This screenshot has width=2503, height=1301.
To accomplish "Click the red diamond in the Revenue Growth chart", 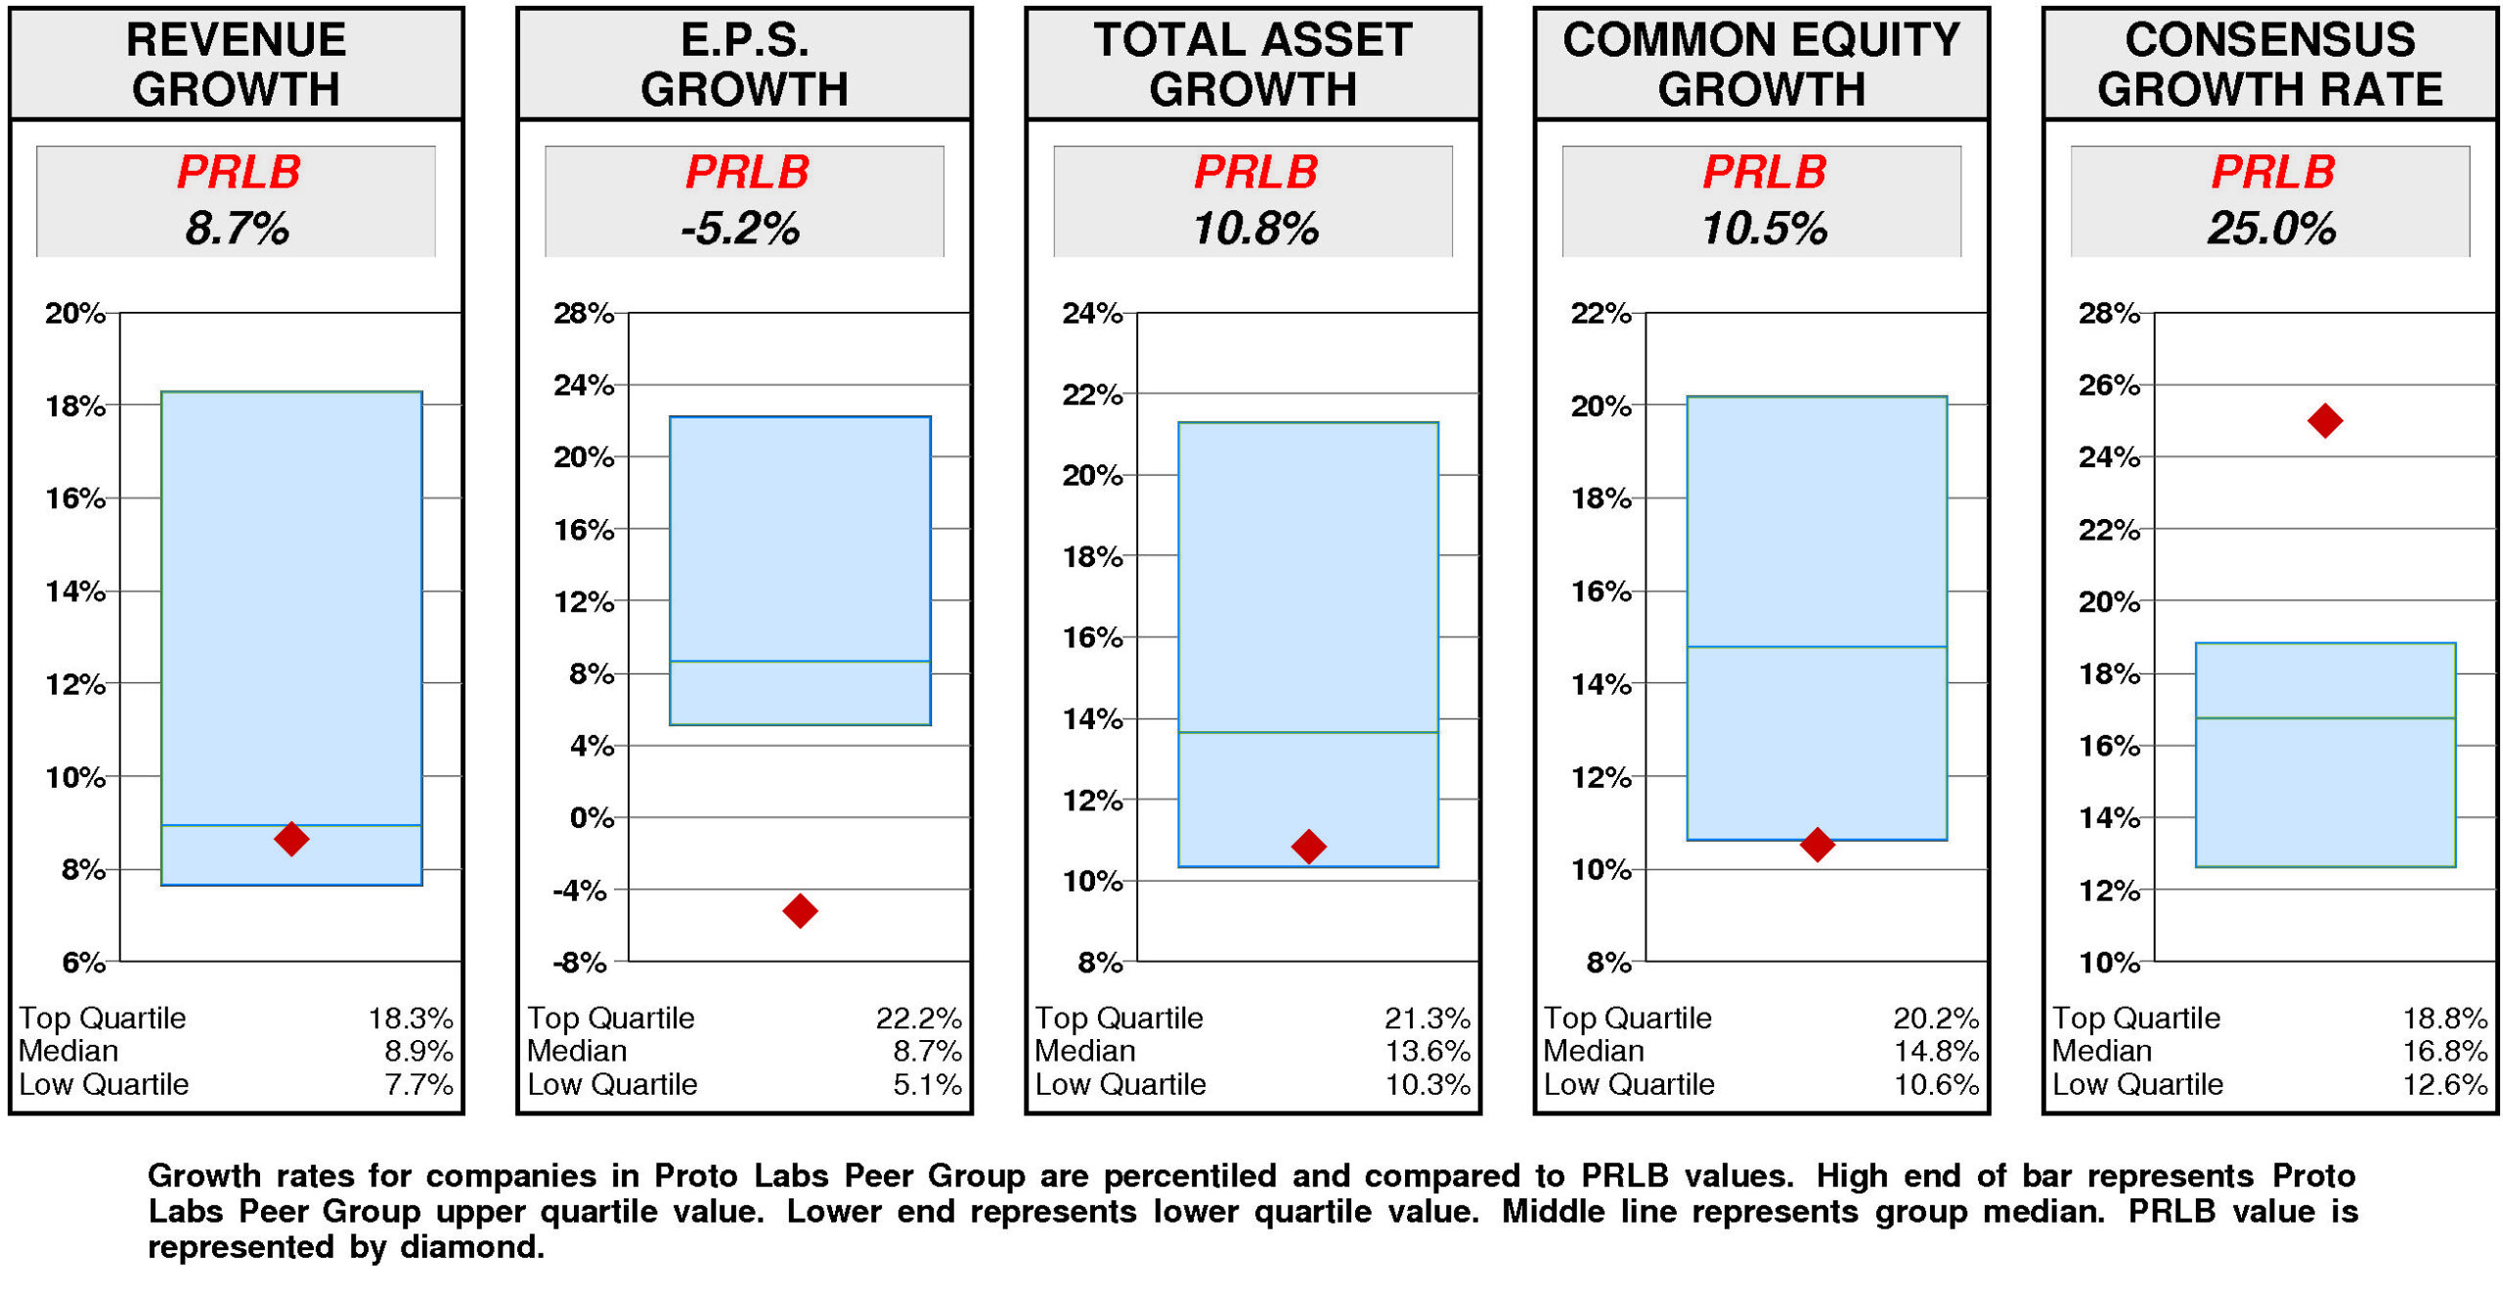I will (291, 838).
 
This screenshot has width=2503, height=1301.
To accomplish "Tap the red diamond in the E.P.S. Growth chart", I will (800, 910).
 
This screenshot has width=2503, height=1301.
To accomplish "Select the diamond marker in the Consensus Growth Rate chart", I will (2324, 420).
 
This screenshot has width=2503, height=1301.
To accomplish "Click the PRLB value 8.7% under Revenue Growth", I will (237, 229).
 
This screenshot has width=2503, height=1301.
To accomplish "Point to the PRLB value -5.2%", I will (740, 229).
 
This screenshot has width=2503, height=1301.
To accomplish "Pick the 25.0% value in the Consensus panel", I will (2270, 229).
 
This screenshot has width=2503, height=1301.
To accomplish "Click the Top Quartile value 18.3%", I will (411, 1018).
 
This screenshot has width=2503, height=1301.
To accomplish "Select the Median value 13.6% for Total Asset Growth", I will (1427, 1051).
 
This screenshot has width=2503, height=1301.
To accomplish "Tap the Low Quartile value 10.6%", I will (1935, 1084).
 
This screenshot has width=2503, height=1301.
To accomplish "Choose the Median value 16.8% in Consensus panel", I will (2444, 1051).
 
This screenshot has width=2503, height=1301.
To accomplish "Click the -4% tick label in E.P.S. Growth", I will (580, 889).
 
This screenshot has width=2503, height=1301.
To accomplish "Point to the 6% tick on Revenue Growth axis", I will (83, 962).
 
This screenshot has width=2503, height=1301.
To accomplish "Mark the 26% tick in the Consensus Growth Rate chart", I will (2108, 385).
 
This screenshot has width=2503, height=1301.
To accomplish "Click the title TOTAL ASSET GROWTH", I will (1252, 65).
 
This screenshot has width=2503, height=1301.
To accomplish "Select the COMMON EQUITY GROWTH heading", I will (1761, 65).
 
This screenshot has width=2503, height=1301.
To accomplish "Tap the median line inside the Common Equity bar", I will (1817, 646).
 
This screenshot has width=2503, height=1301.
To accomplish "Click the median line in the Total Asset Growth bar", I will (1308, 732).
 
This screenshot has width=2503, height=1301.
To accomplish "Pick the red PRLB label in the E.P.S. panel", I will (747, 172).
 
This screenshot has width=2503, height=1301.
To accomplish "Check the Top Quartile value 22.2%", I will (918, 1018).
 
